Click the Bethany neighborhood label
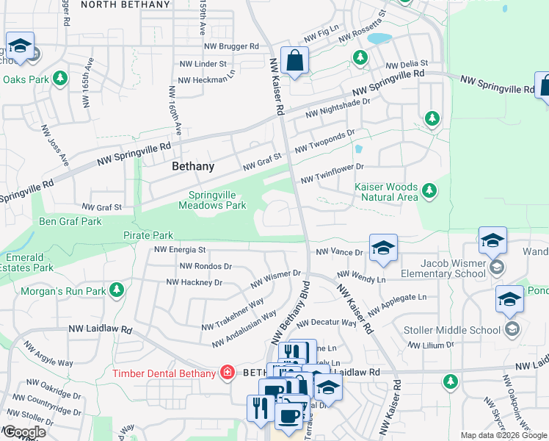click(x=193, y=167)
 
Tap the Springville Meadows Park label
click(x=213, y=201)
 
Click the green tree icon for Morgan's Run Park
click(x=116, y=290)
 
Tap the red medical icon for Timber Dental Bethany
click(x=228, y=373)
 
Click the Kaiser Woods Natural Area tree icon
click(x=429, y=193)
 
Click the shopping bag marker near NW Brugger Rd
click(x=294, y=62)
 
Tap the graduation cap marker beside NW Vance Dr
click(x=382, y=249)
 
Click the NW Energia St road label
click(x=181, y=251)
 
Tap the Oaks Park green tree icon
click(x=59, y=78)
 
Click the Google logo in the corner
click(x=23, y=432)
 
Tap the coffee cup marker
click(x=288, y=415)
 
